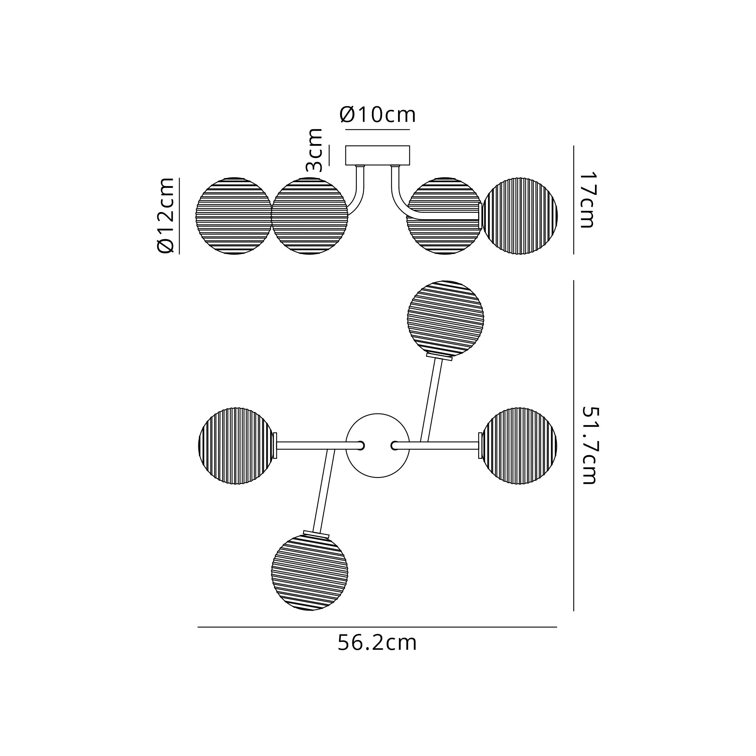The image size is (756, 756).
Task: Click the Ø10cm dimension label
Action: pos(378,115)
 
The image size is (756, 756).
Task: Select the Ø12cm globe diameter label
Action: pos(165,215)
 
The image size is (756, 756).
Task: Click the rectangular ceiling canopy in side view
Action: pos(378,155)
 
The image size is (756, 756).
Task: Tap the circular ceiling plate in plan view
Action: pos(378,446)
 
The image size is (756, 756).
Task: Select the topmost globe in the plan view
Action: pos(445,319)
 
